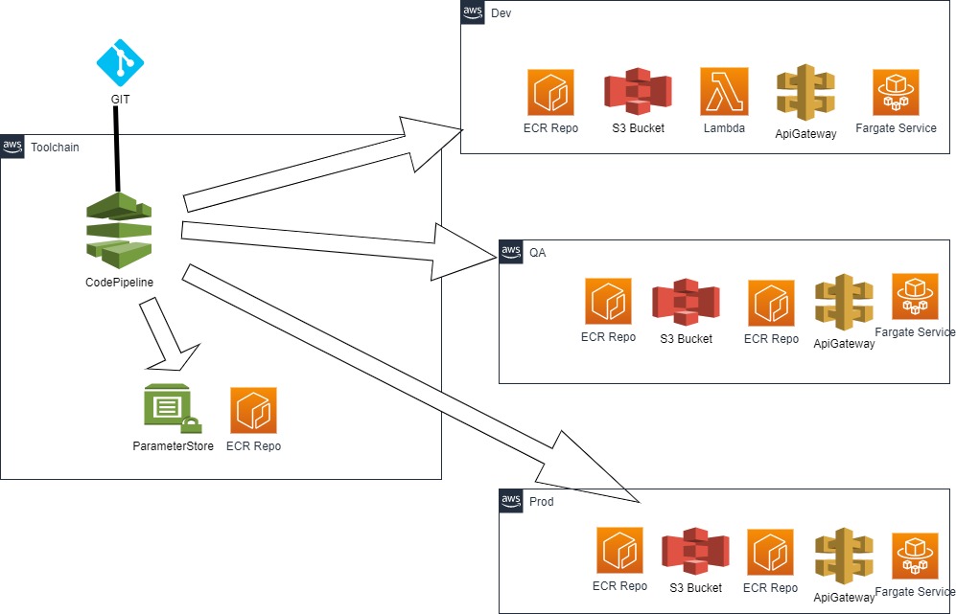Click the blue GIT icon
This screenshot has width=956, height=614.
(120, 64)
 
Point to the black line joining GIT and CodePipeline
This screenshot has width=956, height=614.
(117, 148)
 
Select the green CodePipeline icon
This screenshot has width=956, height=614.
(120, 229)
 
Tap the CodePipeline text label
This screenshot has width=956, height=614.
(120, 282)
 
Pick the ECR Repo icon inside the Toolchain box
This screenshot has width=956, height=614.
(253, 410)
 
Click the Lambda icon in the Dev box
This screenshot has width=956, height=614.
(724, 92)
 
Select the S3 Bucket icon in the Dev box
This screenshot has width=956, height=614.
(638, 92)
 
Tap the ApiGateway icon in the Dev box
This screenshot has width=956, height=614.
(805, 94)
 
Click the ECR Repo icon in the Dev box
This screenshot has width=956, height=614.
(550, 93)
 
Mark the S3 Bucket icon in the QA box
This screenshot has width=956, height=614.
(686, 302)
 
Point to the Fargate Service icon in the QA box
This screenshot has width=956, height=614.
(915, 297)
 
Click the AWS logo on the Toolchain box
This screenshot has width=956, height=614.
(12, 148)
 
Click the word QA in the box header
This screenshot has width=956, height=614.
(538, 252)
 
